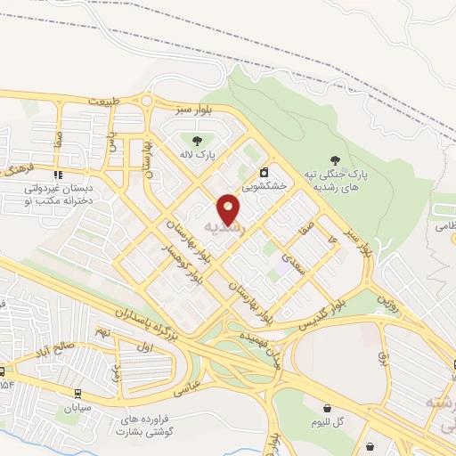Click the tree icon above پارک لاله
point(197,139)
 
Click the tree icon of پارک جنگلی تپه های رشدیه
point(335,159)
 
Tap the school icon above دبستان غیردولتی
point(59,175)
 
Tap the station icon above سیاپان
point(77,393)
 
